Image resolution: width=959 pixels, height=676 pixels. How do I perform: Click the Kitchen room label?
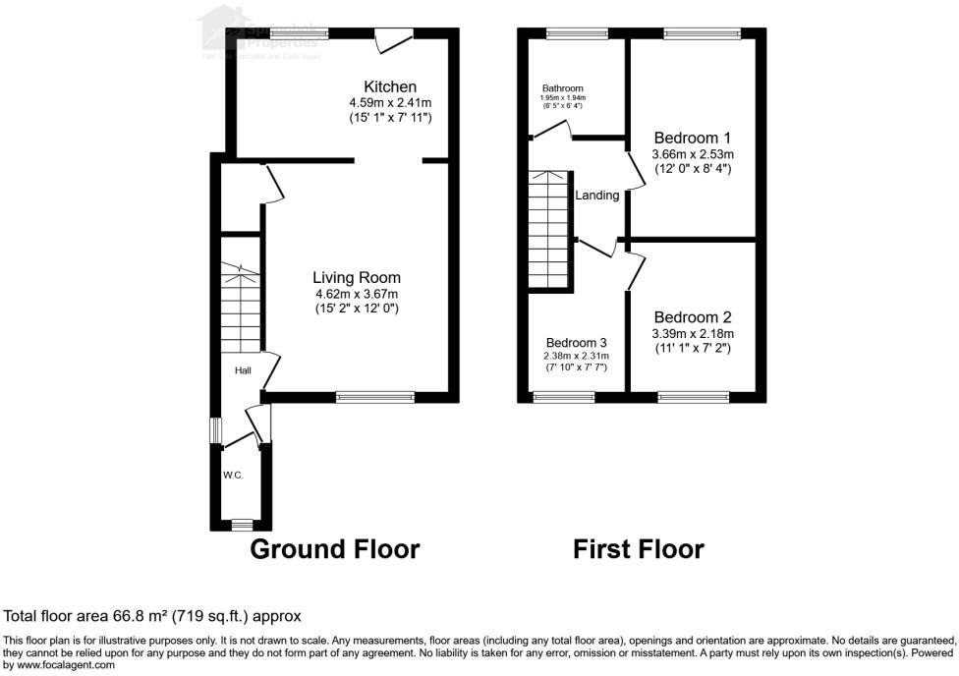click(390, 87)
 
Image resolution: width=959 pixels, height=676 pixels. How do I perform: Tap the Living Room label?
click(357, 278)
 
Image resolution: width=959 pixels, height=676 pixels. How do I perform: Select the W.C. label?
click(233, 476)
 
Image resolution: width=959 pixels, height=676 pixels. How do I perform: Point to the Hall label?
click(243, 370)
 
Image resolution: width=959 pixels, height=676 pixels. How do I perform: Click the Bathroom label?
click(562, 87)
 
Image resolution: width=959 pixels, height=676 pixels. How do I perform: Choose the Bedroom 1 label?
click(693, 138)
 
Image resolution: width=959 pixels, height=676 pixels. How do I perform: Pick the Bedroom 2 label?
click(693, 317)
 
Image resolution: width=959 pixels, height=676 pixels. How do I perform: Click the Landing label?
click(597, 196)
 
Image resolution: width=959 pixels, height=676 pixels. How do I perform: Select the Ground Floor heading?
click(335, 549)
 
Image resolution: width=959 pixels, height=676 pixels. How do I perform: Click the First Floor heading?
click(639, 549)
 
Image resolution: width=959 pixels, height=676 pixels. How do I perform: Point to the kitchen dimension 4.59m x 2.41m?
click(390, 103)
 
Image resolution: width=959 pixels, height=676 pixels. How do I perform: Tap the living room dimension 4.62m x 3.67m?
click(357, 294)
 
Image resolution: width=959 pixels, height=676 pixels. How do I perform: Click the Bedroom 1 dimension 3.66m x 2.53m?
click(693, 154)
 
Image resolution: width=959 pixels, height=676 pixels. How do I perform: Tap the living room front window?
click(374, 397)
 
